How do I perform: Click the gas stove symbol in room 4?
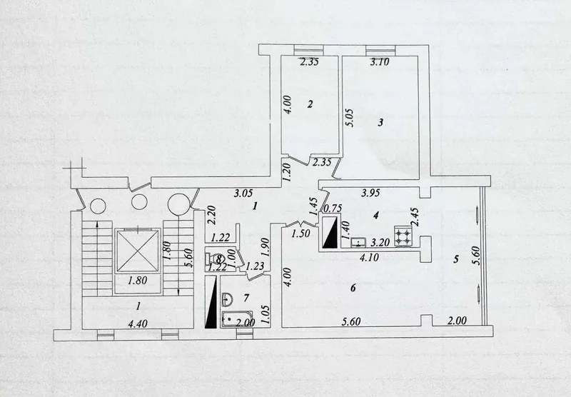point(403,236)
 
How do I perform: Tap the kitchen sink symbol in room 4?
point(359,242)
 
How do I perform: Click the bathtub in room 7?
point(237,319)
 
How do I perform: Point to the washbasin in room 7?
point(228,298)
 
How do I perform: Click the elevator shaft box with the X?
point(138,251)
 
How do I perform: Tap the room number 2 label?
point(310,104)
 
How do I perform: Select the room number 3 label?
point(380,122)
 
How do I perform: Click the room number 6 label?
point(353,288)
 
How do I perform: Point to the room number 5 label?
point(455,259)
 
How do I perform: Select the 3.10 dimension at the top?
point(380,62)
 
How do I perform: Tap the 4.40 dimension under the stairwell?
point(138,323)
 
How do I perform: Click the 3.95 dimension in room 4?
point(370,193)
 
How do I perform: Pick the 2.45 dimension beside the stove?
point(415,218)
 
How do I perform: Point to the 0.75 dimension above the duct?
point(333,208)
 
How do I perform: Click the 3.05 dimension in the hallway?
point(243,194)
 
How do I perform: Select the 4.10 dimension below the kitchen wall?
point(369,258)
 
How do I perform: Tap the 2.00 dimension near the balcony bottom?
point(457,321)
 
